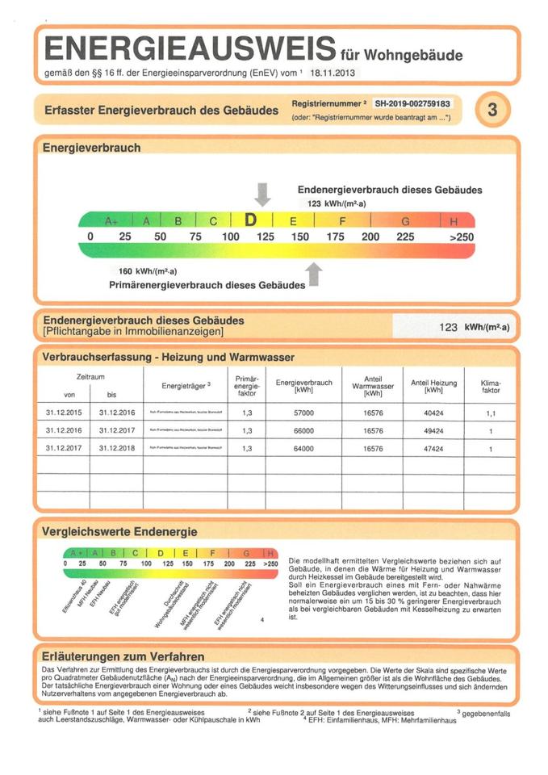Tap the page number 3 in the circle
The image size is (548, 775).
click(x=492, y=111)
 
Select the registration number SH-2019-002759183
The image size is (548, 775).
click(x=412, y=104)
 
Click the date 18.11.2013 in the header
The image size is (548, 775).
click(x=331, y=73)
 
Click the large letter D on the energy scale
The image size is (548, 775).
click(x=251, y=220)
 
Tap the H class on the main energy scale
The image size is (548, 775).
click(x=454, y=220)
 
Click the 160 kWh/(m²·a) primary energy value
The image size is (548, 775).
click(x=142, y=271)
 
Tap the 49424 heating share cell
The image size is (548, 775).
click(x=433, y=430)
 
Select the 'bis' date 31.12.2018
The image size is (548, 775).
click(x=115, y=449)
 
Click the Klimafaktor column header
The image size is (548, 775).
click(x=490, y=387)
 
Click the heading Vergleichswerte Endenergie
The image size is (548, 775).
click(x=119, y=531)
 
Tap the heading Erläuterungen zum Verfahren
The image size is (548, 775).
click(x=123, y=656)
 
